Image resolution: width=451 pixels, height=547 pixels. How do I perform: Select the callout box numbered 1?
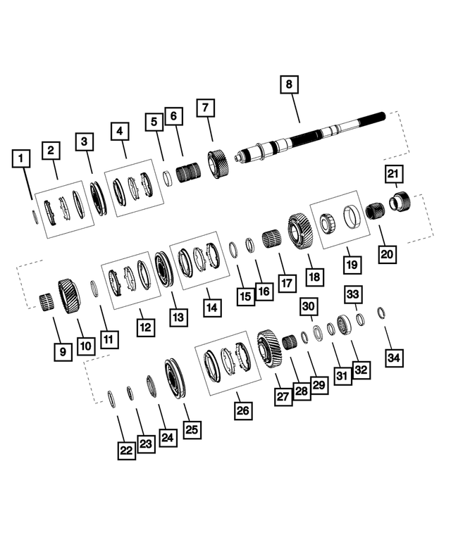click(x=23, y=159)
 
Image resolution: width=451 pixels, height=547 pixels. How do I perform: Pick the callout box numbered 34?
click(x=395, y=357)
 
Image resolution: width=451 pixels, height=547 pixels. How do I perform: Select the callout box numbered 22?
click(x=125, y=449)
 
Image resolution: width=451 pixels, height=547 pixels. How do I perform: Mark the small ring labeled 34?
click(x=381, y=313)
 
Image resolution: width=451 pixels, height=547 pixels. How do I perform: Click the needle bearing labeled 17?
click(x=272, y=239)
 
